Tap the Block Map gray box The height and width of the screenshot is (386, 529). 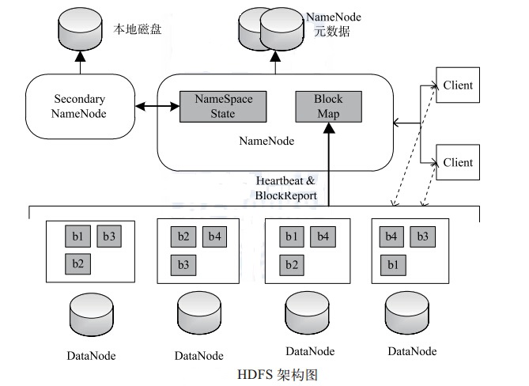328,105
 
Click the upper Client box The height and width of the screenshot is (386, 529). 458,85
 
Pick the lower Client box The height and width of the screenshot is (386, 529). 458,162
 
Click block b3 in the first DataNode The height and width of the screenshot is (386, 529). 109,236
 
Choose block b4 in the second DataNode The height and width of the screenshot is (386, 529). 215,236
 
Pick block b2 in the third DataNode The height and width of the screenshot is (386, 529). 291,264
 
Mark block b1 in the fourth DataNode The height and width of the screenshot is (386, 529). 392,264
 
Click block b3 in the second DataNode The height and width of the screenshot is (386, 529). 183,264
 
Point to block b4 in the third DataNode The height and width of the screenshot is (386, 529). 322,236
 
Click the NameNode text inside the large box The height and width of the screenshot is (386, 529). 266,142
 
